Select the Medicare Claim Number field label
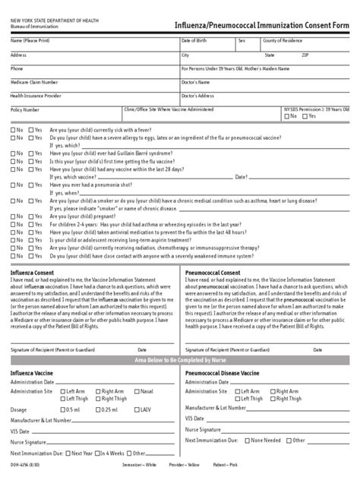(34, 81)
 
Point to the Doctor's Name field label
(195, 81)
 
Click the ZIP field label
(305, 55)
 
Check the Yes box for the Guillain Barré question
(31, 152)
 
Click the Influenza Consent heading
(33, 271)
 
